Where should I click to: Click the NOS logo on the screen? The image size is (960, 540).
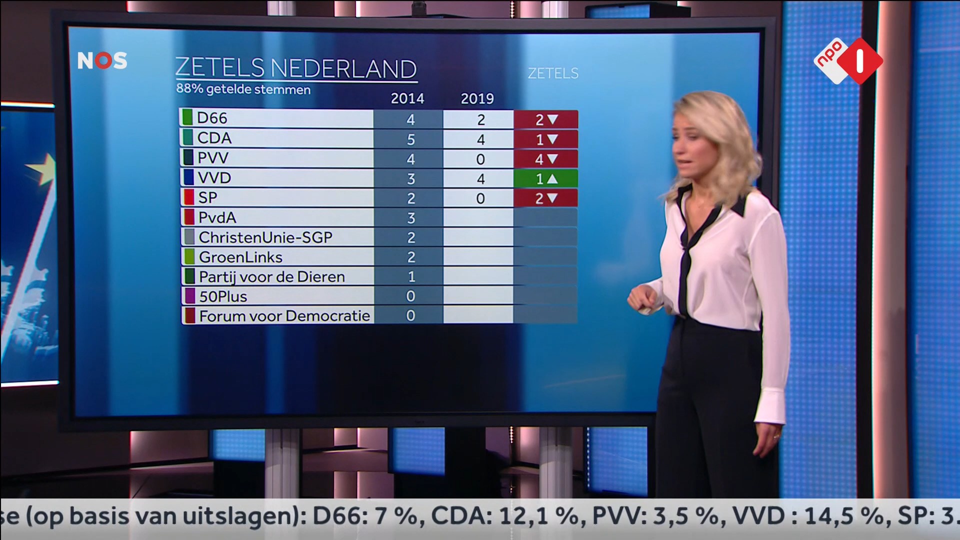click(x=102, y=60)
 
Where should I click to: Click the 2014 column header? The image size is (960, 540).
click(x=407, y=98)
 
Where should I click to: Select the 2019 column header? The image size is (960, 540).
click(x=477, y=98)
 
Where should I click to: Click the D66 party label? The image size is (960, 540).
click(x=212, y=118)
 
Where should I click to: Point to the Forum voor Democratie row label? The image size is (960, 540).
click(x=284, y=316)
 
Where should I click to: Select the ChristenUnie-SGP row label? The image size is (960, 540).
click(x=265, y=237)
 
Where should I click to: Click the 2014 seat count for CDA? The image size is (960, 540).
click(x=410, y=139)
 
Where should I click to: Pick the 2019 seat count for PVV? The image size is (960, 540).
click(x=480, y=159)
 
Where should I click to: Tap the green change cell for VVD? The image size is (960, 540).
click(x=545, y=178)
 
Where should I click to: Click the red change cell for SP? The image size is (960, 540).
click(x=545, y=198)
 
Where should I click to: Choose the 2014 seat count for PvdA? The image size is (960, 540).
click(x=410, y=218)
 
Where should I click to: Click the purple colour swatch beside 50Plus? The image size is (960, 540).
click(x=189, y=296)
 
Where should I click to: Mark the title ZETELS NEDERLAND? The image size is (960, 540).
click(x=295, y=68)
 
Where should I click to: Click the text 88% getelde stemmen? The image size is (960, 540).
click(x=243, y=89)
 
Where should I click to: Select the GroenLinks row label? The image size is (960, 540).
click(x=240, y=257)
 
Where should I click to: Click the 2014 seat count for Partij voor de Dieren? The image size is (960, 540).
click(x=410, y=276)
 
